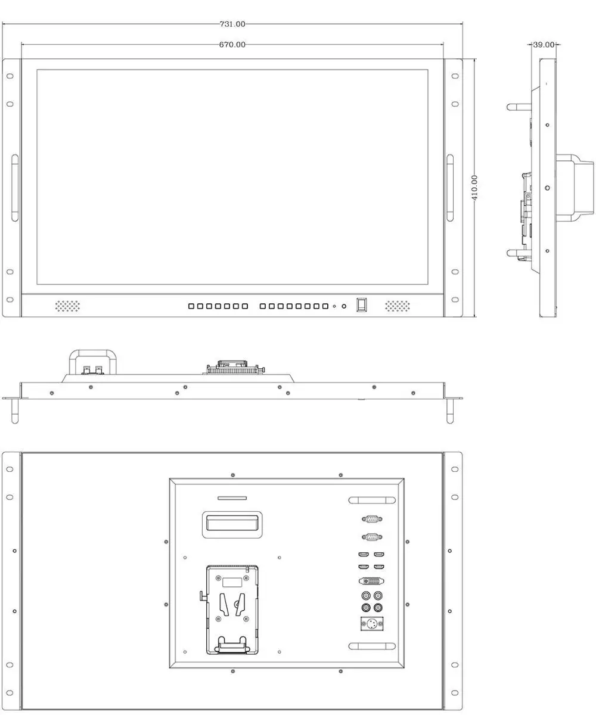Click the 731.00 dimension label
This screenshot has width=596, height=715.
tap(232, 24)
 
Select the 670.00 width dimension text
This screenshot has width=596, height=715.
tap(232, 45)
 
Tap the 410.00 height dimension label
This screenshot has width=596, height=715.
tap(474, 188)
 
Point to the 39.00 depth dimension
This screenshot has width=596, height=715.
tap(544, 45)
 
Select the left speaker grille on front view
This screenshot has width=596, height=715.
tap(67, 306)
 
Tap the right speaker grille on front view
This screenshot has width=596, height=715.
tap(398, 306)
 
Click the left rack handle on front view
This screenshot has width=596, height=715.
tap(15, 188)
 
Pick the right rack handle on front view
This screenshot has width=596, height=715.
tap(450, 188)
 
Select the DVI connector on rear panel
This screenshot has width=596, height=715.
tap(371, 580)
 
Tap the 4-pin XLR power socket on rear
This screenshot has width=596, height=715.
tap(372, 624)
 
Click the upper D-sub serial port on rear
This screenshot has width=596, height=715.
tap(372, 519)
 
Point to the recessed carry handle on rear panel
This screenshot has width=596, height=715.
tap(232, 525)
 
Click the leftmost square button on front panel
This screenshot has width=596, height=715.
tap(191, 306)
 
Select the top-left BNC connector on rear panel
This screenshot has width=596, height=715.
tap(366, 596)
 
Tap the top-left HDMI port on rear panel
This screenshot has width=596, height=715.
tap(364, 554)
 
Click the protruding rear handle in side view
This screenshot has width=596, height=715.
tap(575, 188)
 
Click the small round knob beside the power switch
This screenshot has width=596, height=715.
tap(344, 306)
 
